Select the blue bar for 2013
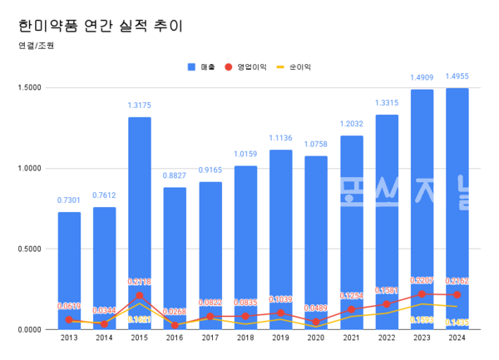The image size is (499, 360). pos(69,266)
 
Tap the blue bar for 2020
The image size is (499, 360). pos(316,241)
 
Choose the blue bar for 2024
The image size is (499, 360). pos(457,208)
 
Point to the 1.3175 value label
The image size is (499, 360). pos(140,105)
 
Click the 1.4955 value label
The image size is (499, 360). pos(457,76)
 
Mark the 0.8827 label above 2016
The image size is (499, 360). pos(175,175)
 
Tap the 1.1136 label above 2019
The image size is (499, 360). pos(281,138)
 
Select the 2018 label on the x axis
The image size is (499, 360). pos(245,337)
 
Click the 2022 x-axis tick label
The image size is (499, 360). pos(387,337)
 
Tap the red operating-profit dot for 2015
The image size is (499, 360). pos(140,295)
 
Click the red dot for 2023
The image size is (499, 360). pos(422,293)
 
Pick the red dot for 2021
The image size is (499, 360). pos(352,309)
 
